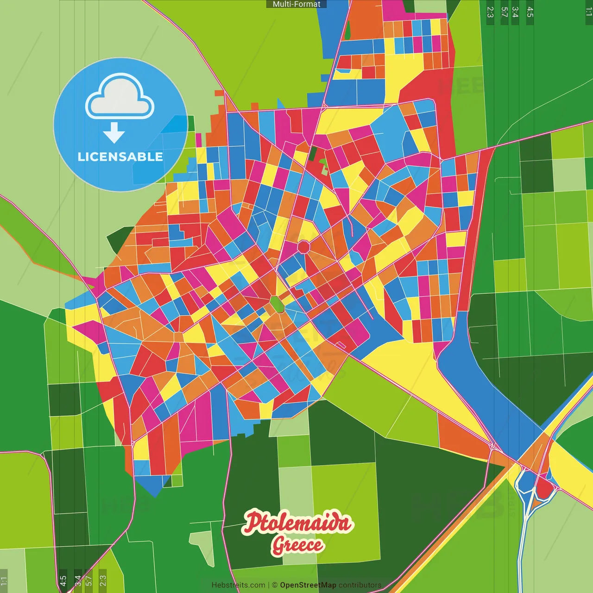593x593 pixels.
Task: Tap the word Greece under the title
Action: click(x=297, y=545)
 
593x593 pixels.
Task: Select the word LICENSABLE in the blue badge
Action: click(x=120, y=157)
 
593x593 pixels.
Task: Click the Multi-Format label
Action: click(x=296, y=4)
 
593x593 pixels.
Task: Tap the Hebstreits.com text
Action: click(x=238, y=585)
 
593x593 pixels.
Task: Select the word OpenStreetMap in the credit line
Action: click(x=308, y=585)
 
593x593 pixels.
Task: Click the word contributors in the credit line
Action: click(x=360, y=585)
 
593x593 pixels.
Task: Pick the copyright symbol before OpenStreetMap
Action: click(x=275, y=585)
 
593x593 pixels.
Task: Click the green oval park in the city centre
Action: click(x=277, y=304)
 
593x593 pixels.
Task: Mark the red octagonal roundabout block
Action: click(x=303, y=246)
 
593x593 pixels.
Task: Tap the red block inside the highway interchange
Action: click(x=544, y=488)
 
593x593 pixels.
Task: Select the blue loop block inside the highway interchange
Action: click(x=526, y=481)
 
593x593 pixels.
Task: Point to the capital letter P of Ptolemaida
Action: click(x=253, y=522)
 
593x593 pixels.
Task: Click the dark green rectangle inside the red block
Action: click(x=313, y=153)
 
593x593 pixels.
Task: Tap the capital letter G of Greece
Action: click(x=278, y=545)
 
